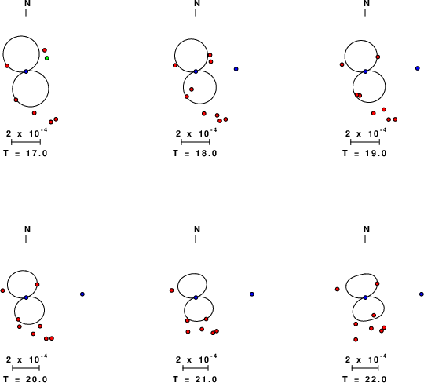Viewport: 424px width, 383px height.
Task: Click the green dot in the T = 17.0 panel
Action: pos(47,58)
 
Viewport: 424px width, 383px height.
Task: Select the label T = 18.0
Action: pos(195,153)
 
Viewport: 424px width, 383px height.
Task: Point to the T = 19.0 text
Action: pos(364,153)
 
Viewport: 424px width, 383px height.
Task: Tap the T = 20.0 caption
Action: pos(25,379)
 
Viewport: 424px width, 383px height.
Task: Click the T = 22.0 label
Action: pos(364,379)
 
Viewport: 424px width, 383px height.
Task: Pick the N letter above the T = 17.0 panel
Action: pos(27,3)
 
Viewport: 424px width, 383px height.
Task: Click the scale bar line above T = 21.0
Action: pos(196,367)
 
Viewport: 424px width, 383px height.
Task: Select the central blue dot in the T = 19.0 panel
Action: pos(365,71)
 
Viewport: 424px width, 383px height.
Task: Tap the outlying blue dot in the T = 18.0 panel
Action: pos(236,69)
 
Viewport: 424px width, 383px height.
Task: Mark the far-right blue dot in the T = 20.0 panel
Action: pos(82,294)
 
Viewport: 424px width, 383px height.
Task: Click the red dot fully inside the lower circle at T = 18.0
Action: pos(192,89)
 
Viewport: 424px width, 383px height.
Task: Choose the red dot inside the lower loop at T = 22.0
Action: pos(374,315)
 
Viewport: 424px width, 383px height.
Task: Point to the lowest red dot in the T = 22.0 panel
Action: pos(356,340)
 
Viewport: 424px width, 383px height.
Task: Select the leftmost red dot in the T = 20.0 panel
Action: pos(2,290)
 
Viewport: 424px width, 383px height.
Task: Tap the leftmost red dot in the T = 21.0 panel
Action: pos(171,290)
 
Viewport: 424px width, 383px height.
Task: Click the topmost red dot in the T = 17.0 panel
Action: pos(45,50)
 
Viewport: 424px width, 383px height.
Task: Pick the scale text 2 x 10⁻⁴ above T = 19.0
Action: pos(366,133)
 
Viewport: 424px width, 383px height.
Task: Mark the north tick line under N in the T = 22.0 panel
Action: pos(365,239)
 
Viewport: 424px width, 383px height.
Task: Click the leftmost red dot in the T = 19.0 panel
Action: pos(342,64)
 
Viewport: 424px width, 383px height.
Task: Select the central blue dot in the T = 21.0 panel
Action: pos(196,297)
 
